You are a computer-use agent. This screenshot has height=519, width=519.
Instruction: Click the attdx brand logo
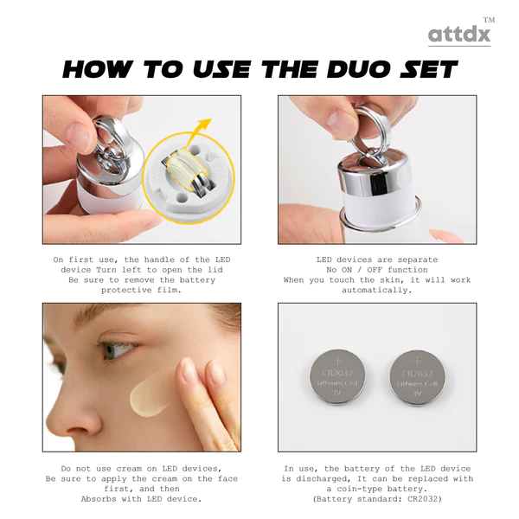459,34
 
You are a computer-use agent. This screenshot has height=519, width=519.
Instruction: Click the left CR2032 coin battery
337,376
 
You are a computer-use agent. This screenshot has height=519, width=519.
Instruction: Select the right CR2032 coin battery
417,378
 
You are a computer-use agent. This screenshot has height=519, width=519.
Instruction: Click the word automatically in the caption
377,291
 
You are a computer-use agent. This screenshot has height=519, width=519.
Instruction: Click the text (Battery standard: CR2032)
377,499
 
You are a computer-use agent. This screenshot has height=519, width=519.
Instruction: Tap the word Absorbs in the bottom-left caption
99,499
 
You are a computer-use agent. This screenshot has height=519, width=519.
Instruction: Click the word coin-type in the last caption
360,489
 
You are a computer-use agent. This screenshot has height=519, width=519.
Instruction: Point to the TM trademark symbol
490,20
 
